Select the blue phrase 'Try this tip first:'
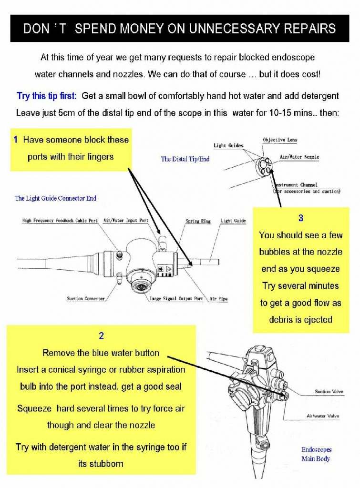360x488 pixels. point(47,96)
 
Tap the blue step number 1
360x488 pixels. point(16,140)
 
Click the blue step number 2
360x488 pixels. point(101,336)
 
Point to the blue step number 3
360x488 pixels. point(300,218)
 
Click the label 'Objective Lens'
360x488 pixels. point(280,140)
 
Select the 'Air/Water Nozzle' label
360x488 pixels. point(299,157)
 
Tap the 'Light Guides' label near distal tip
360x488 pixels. point(228,145)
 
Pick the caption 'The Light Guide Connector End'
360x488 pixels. point(56,198)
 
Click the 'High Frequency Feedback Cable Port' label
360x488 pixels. point(60,221)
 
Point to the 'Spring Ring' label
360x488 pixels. point(198,222)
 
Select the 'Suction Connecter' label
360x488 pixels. point(86,299)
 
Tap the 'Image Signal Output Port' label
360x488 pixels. point(176,299)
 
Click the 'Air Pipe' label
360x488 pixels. point(219,299)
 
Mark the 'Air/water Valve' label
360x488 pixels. point(323,416)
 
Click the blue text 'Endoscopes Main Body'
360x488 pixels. point(316,454)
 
